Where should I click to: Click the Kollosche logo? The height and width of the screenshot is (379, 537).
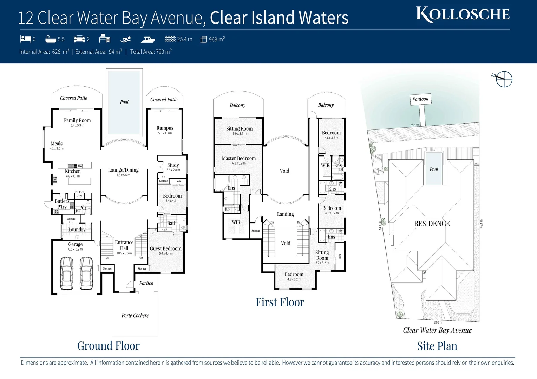(x=463, y=14)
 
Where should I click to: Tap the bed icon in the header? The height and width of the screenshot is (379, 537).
(x=25, y=39)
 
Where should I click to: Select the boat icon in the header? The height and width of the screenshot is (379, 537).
(x=148, y=39)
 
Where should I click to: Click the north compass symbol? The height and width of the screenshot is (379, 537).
(x=504, y=79)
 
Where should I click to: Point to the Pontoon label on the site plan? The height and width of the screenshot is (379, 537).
(x=420, y=99)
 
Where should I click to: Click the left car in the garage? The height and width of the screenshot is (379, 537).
(x=67, y=273)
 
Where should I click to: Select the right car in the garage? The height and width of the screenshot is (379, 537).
(x=86, y=273)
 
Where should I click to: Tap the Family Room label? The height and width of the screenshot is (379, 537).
(x=77, y=120)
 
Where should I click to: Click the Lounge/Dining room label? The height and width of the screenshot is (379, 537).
(x=123, y=170)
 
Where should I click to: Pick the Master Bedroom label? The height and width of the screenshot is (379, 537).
(x=239, y=158)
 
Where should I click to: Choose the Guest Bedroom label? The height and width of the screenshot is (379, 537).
(x=165, y=248)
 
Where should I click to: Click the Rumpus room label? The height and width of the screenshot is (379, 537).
(x=165, y=128)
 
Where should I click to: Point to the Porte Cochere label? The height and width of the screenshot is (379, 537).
(x=135, y=315)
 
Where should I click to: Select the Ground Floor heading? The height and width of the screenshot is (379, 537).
(x=108, y=346)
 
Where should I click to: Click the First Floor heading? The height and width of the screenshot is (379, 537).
(x=280, y=302)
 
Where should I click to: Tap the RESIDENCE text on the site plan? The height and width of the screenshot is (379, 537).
(x=432, y=224)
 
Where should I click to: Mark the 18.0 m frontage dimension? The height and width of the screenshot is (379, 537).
(x=438, y=322)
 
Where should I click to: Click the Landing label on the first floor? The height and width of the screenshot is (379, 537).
(x=285, y=214)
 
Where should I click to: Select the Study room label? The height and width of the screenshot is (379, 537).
(x=173, y=165)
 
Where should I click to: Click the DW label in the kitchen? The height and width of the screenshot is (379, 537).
(x=80, y=166)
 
